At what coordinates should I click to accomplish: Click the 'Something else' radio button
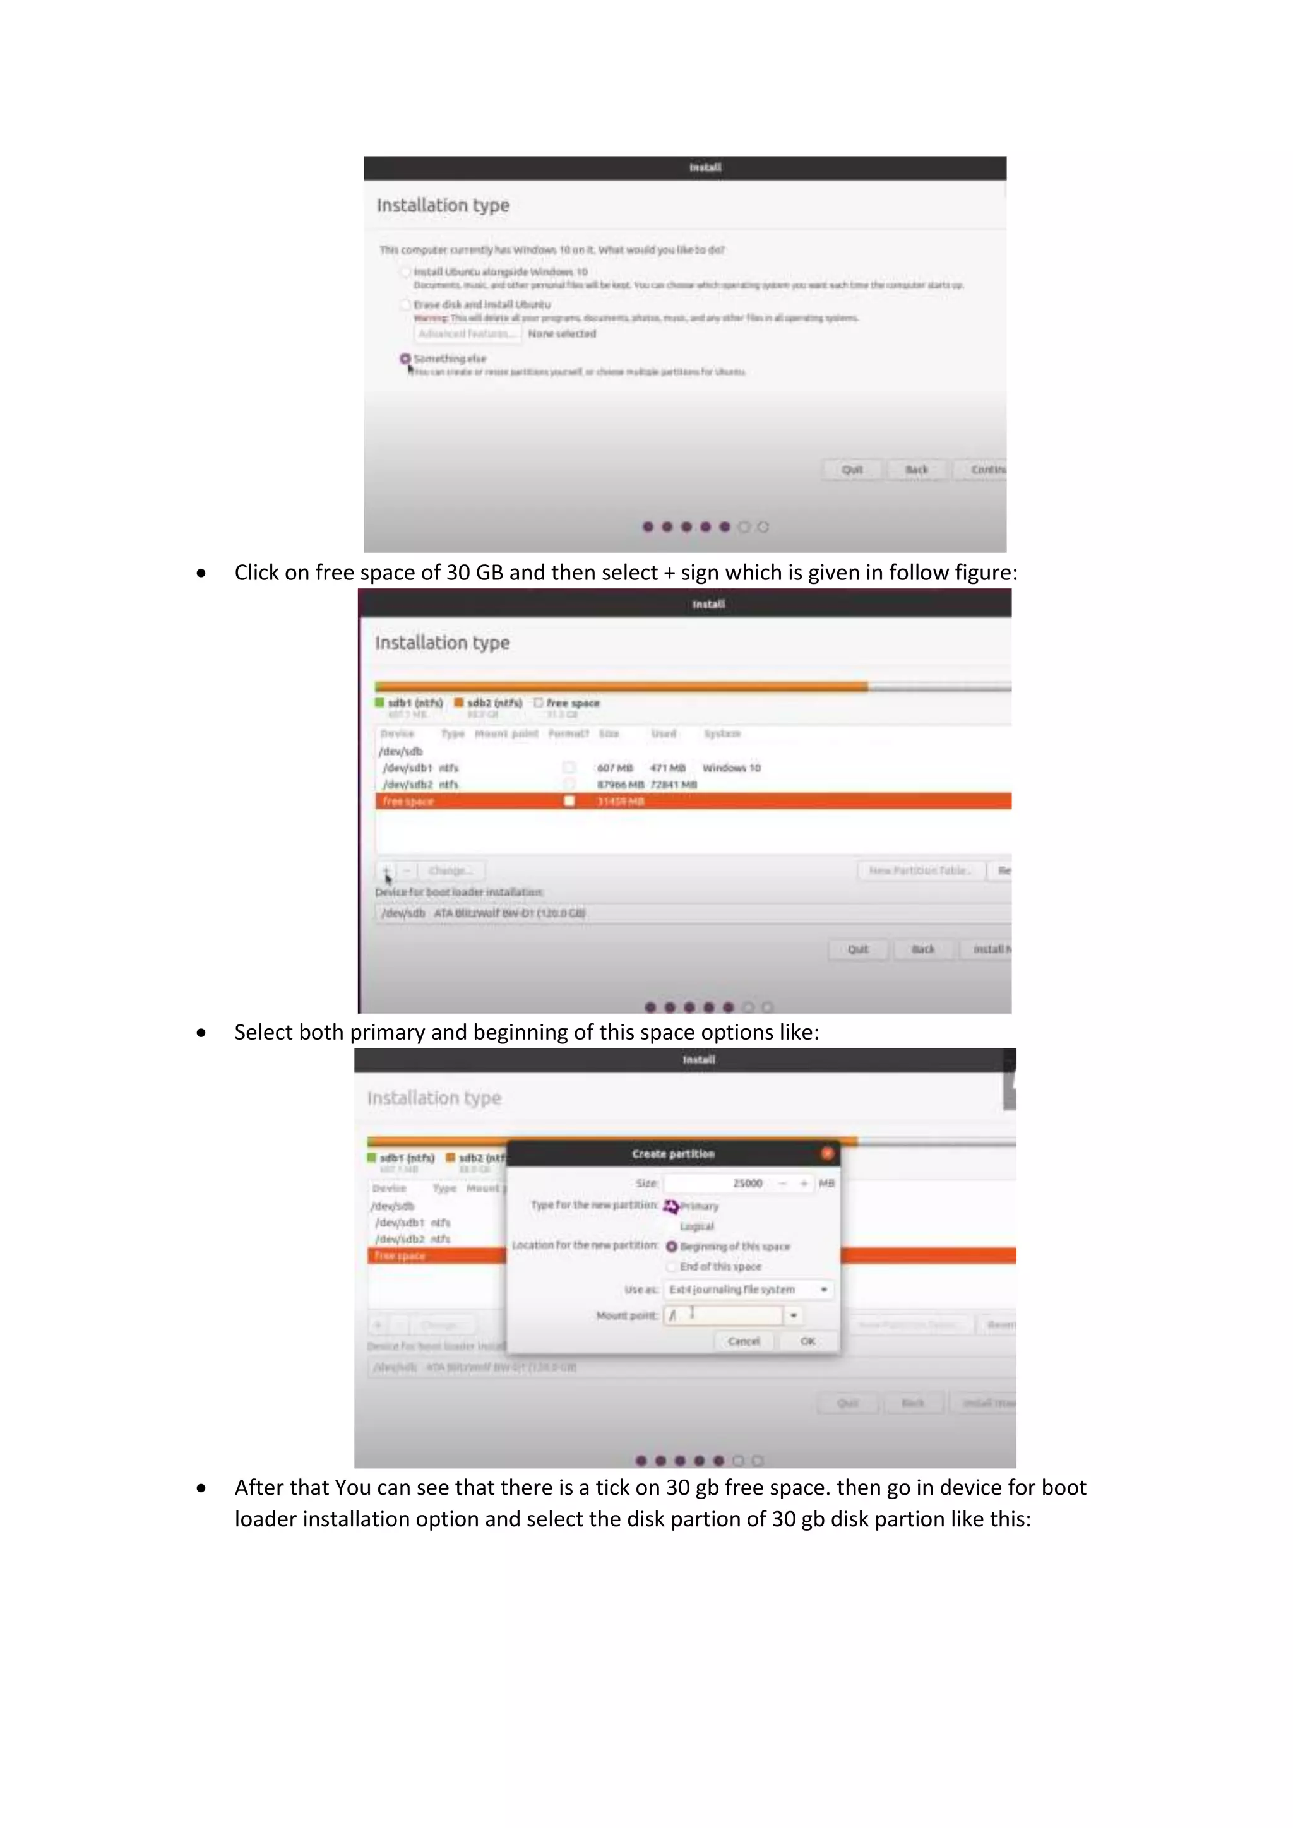[405, 359]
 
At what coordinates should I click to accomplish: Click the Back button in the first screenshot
[917, 470]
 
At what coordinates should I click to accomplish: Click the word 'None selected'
[562, 333]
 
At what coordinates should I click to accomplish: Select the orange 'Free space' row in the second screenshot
[693, 801]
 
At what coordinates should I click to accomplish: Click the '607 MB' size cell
[615, 768]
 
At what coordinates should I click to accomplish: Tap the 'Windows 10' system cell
[731, 768]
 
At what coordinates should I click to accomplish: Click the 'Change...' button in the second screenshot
[451, 870]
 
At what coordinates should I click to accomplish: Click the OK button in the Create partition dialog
[807, 1341]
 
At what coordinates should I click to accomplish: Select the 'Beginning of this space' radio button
[672, 1246]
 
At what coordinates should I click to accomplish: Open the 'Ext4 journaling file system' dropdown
[748, 1289]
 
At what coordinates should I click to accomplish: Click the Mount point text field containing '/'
[723, 1315]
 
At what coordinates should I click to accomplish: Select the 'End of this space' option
[672, 1266]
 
